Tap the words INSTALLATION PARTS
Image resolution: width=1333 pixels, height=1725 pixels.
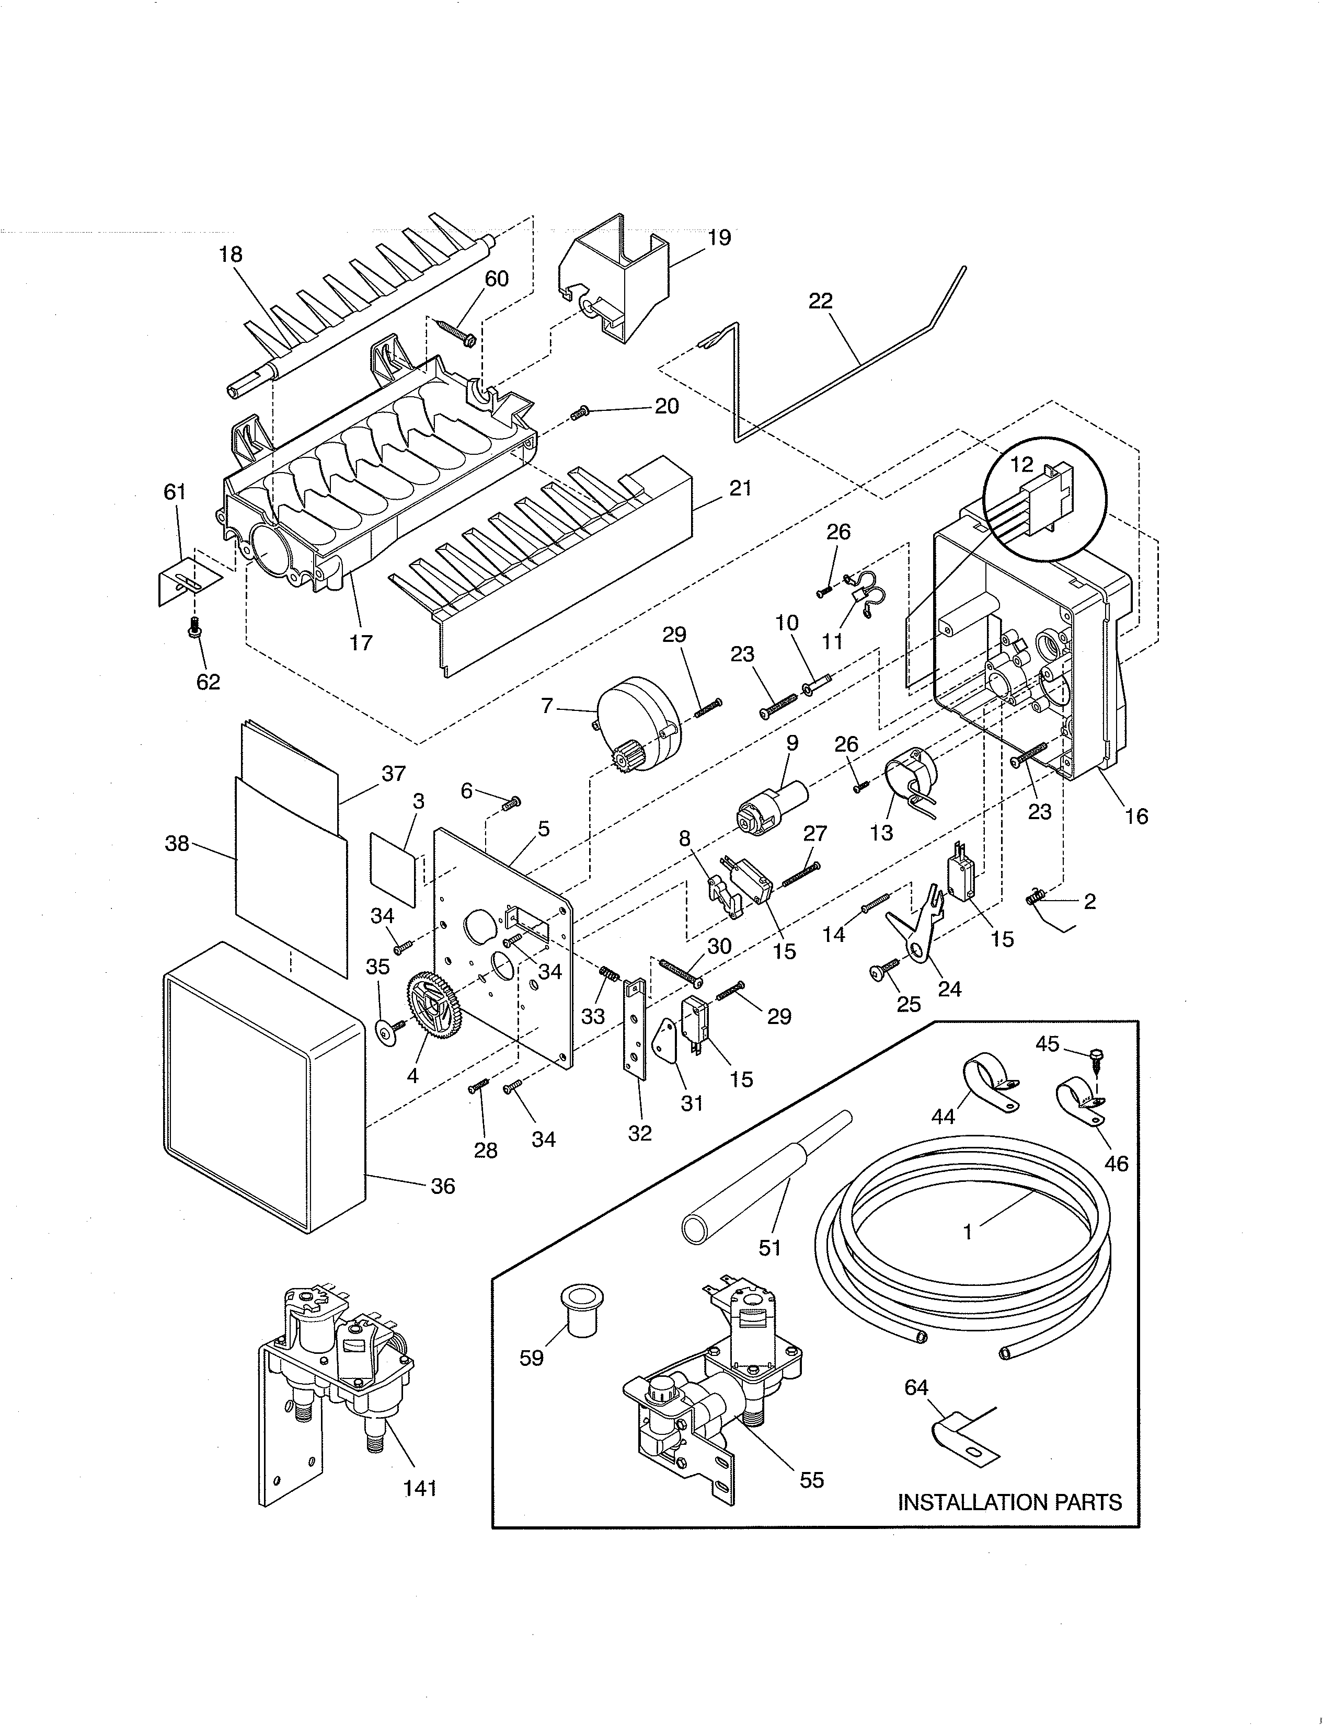click(1009, 1524)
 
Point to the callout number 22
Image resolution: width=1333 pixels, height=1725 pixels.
click(821, 301)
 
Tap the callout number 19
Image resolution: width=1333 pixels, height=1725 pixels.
click(719, 237)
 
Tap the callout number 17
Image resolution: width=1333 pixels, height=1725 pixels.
click(361, 642)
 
